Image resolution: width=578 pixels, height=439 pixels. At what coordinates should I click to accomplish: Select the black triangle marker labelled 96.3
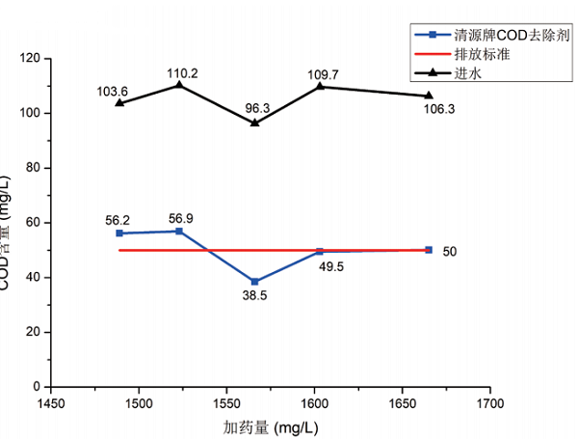click(x=254, y=123)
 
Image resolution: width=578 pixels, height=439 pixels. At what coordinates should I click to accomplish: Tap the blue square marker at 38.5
click(x=254, y=282)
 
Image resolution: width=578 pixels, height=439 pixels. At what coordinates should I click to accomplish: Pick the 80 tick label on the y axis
click(x=33, y=168)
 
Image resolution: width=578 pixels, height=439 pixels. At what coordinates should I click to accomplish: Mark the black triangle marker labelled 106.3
click(x=429, y=95)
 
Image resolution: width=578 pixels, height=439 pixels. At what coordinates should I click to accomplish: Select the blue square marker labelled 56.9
click(x=178, y=231)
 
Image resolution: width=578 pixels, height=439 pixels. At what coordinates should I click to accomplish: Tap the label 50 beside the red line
click(x=450, y=252)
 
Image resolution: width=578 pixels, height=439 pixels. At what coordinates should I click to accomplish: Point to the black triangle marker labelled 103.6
click(x=119, y=102)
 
